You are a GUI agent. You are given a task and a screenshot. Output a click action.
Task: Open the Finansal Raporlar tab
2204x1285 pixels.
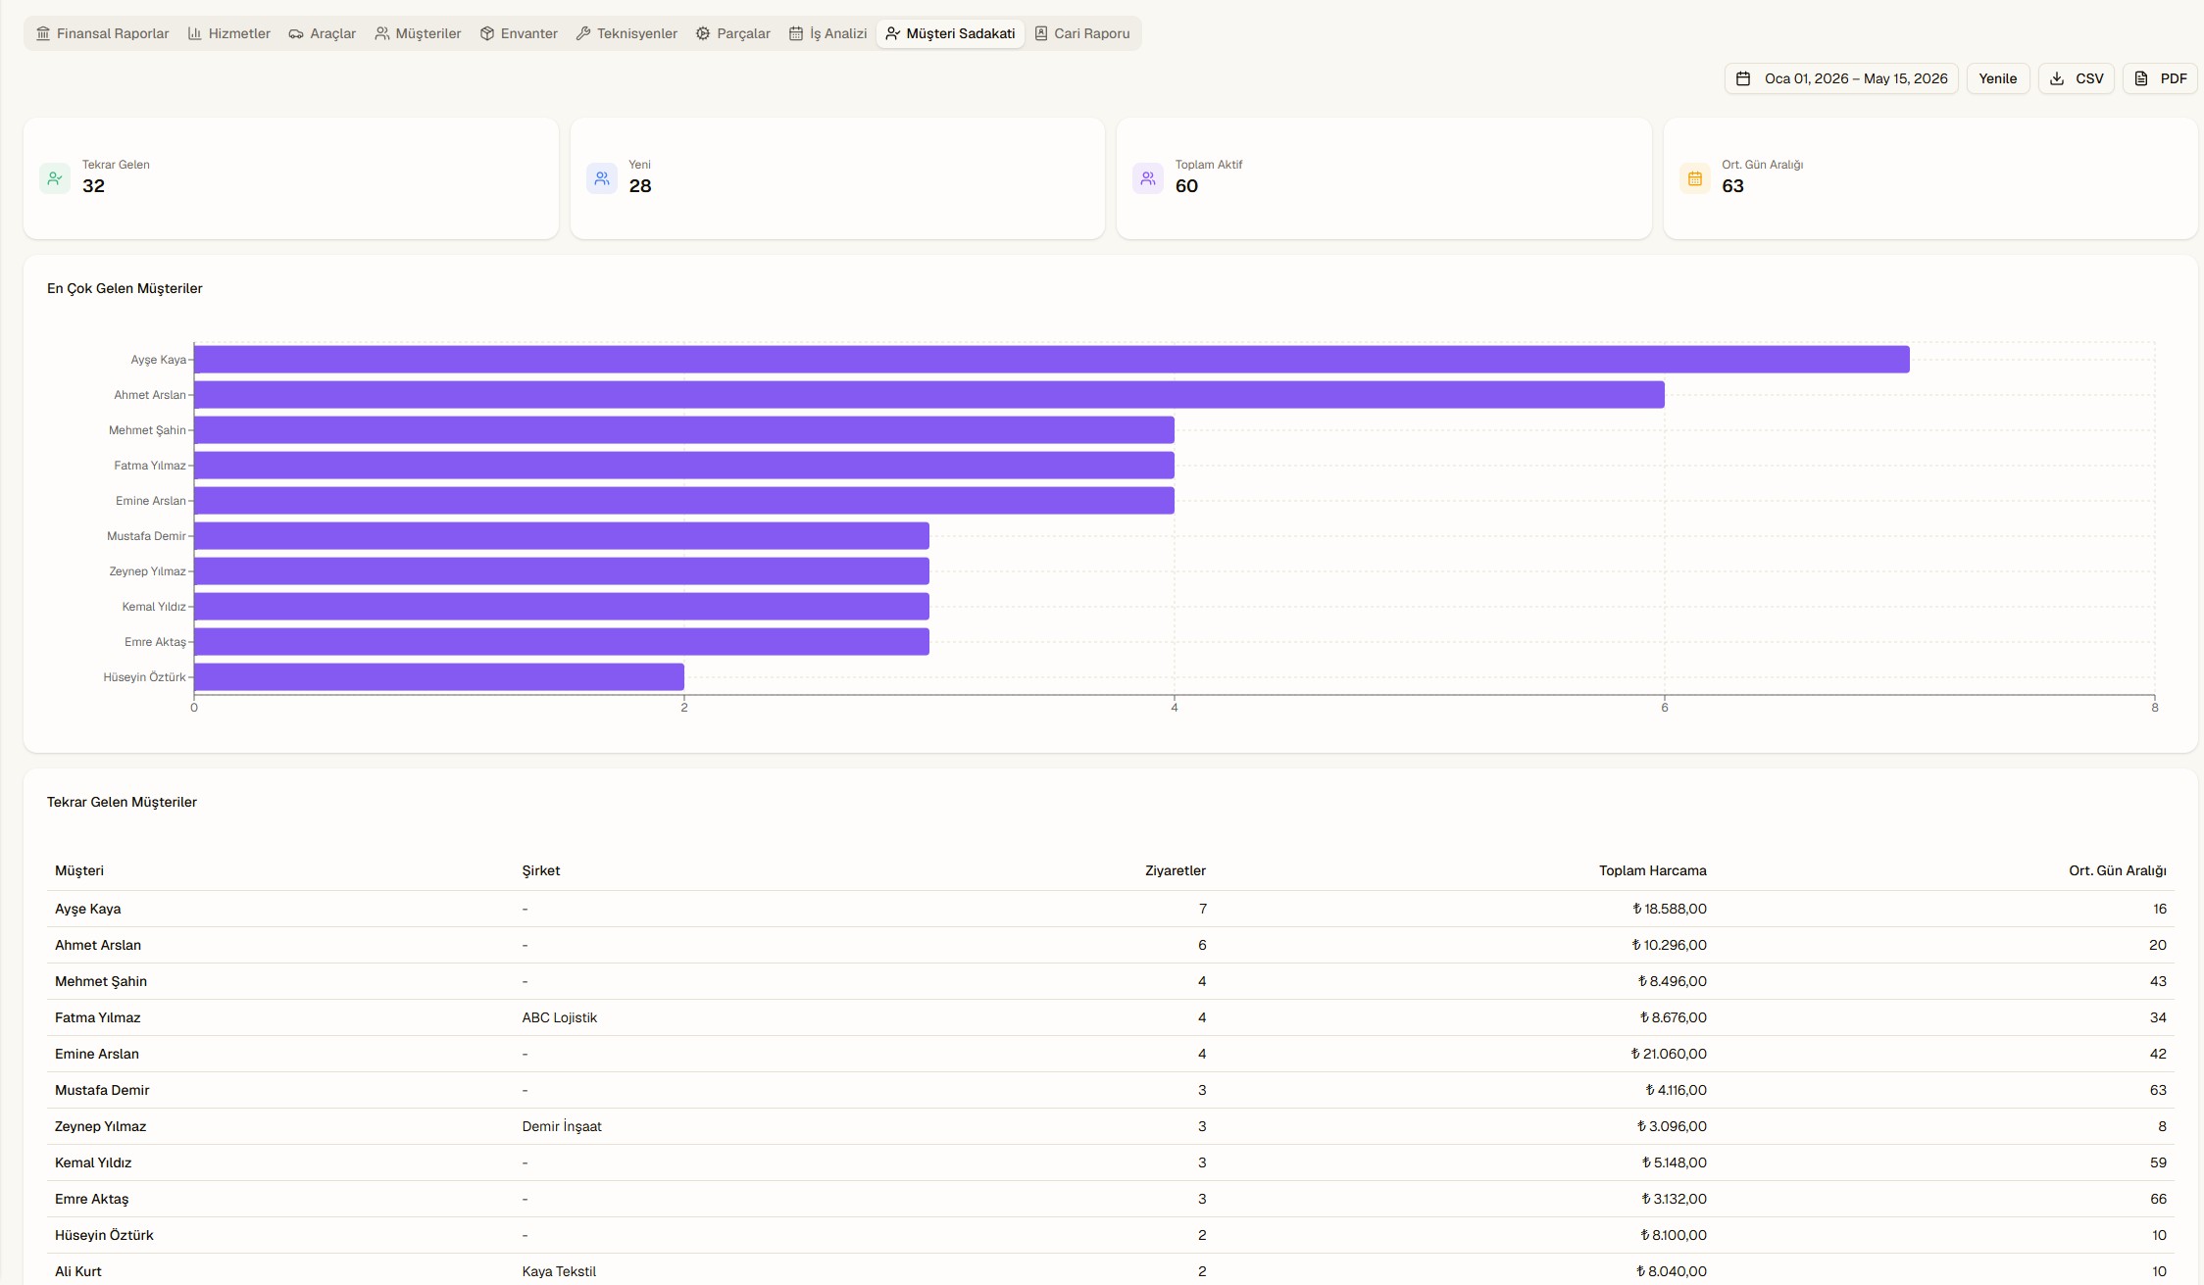[103, 33]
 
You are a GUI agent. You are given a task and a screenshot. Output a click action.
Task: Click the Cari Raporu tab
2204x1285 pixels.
[1082, 33]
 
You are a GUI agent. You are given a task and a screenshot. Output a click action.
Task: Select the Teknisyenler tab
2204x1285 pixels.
[626, 33]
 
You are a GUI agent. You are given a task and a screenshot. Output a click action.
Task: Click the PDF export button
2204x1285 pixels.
[2160, 78]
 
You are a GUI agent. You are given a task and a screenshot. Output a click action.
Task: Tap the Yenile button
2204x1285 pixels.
[1997, 78]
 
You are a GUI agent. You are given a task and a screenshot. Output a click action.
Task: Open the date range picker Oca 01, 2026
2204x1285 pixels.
[1841, 78]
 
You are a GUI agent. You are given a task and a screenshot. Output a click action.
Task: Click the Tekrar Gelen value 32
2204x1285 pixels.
[93, 186]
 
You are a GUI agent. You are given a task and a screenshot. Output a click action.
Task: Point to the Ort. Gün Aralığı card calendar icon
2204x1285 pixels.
[1694, 178]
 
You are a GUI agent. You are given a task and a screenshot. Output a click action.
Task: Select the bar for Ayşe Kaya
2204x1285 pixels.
[1052, 360]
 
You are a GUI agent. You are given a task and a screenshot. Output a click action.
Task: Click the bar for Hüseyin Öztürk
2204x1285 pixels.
[439, 677]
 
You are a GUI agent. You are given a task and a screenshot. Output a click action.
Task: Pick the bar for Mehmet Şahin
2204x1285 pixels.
[684, 430]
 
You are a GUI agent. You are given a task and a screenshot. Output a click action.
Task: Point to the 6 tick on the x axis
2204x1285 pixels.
[1665, 707]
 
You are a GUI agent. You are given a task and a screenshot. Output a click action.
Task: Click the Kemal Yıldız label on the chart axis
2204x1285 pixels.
[154, 607]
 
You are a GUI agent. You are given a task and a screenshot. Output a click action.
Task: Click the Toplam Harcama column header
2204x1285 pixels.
[1652, 870]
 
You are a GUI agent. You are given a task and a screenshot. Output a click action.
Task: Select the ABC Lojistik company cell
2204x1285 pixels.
[560, 1017]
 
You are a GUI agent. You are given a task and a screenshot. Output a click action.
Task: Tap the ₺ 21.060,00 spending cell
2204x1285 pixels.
[1669, 1054]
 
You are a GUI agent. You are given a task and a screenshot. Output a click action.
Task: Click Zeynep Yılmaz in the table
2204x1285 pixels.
[100, 1126]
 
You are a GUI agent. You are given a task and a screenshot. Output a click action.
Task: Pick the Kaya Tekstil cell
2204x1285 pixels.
[559, 1271]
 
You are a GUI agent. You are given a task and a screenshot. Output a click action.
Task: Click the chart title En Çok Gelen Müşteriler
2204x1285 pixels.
[125, 288]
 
